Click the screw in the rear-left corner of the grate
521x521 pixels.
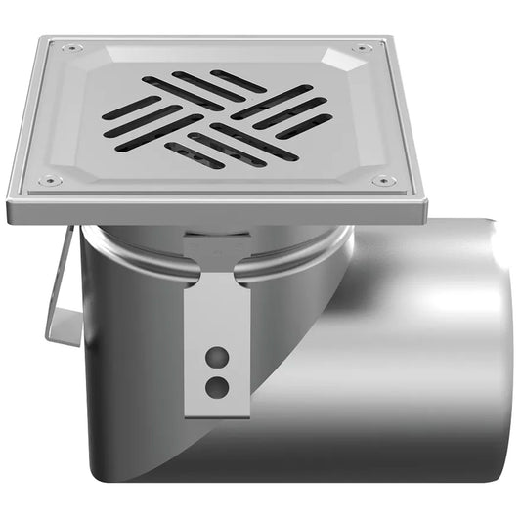coord(70,48)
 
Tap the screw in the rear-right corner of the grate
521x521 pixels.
coord(363,48)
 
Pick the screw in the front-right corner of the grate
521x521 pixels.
coord(384,180)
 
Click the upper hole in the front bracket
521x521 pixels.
coord(218,357)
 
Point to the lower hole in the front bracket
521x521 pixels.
coord(218,386)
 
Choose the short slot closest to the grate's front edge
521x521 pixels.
coord(195,155)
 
